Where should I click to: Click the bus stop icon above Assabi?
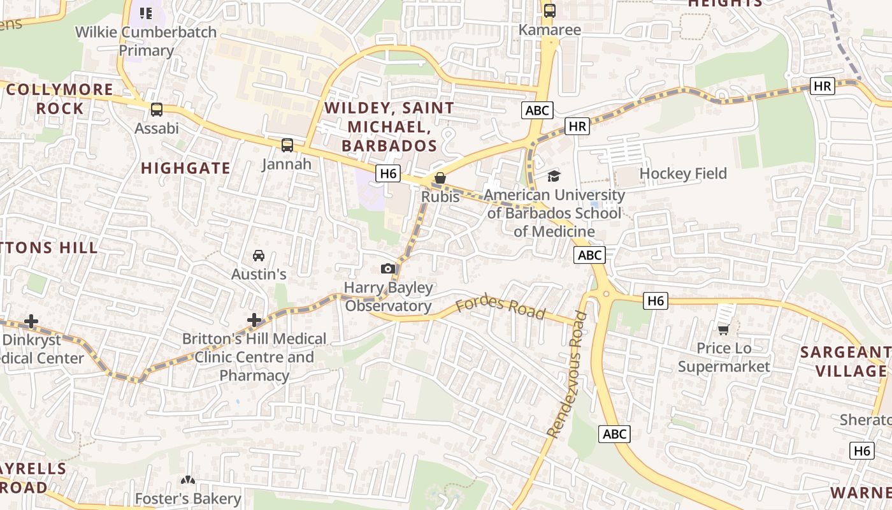pos(157,110)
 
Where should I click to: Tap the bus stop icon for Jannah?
pos(287,145)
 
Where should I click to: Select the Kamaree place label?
pos(550,30)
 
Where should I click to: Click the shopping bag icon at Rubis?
pos(440,178)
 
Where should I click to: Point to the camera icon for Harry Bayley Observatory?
pos(388,269)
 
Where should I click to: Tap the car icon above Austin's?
pos(259,256)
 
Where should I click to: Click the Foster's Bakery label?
pos(188,499)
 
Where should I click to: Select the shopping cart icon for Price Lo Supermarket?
pos(723,330)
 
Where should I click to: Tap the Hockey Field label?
pos(683,173)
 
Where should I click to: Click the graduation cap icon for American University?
pos(554,176)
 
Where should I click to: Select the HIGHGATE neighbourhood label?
pos(185,168)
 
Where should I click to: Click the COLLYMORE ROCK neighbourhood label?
pos(60,99)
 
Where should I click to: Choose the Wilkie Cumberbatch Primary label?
pos(147,41)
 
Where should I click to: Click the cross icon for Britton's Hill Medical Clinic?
pos(255,320)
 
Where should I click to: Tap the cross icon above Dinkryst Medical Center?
pos(31,322)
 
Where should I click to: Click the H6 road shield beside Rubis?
pos(387,173)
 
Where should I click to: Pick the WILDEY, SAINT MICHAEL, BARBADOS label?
pos(389,126)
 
